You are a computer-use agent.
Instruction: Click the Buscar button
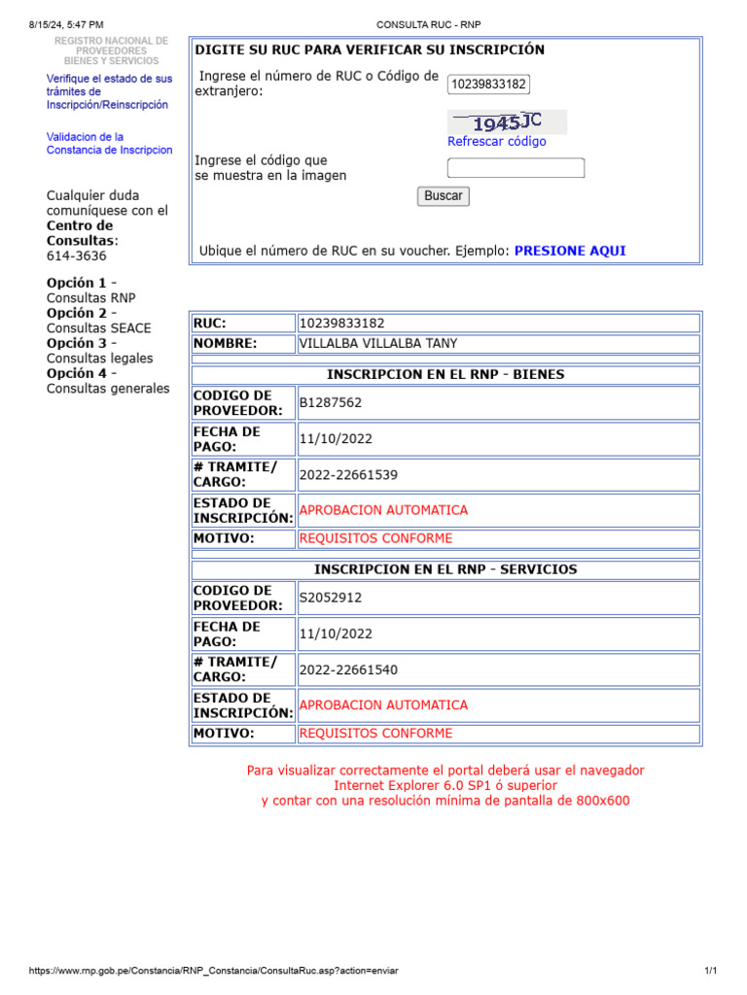pos(444,196)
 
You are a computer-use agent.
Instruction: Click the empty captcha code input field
pos(516,168)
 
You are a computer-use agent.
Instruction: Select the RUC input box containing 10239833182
pos(488,85)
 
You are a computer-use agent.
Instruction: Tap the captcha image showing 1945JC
pos(507,122)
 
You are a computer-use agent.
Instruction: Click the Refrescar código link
pos(497,142)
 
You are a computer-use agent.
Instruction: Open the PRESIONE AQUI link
pos(570,251)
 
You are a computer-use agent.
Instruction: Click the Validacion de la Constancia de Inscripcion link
pos(109,144)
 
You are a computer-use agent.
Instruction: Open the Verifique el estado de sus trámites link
pos(109,91)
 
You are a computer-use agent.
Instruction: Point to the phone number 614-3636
pos(77,257)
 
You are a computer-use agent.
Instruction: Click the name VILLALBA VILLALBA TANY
pos(378,344)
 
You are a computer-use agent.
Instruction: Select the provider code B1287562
pos(331,403)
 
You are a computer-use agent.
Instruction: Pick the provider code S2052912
pos(331,599)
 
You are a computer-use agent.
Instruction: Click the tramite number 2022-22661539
pos(348,475)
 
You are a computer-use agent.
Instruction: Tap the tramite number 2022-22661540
pos(348,670)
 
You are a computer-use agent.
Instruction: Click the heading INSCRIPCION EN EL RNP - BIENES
pos(445,375)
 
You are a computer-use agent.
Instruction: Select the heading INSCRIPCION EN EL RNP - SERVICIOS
pos(445,570)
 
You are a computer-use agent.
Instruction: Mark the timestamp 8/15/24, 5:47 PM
pos(67,24)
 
